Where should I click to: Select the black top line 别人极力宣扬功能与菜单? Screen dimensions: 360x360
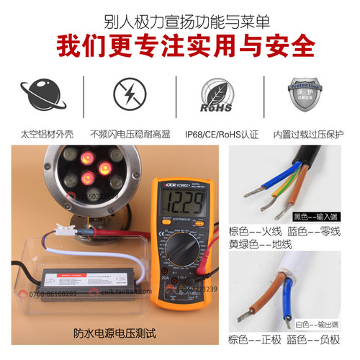(180, 15)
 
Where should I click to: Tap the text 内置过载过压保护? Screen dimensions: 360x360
(305, 135)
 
